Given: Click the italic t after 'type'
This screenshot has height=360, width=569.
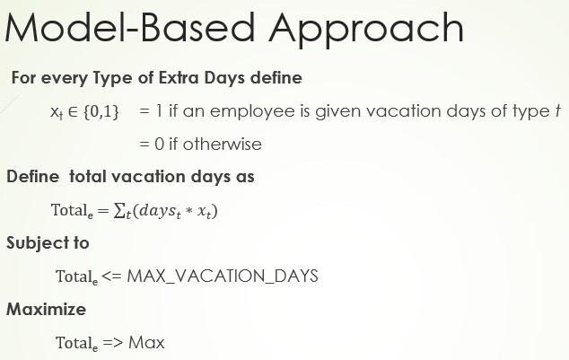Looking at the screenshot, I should [557, 111].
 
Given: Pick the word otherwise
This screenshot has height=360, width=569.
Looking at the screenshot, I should [224, 144].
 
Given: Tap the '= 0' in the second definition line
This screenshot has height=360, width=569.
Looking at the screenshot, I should [151, 144].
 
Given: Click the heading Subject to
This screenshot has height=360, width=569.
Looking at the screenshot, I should [48, 243].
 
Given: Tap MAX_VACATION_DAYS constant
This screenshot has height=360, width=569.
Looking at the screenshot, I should [223, 276].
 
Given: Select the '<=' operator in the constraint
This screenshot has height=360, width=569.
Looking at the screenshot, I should [111, 276].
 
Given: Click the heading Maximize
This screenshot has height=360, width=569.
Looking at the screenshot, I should [46, 309].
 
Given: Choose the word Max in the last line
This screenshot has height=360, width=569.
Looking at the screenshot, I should [147, 342].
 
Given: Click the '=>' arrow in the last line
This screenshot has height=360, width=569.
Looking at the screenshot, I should [111, 342].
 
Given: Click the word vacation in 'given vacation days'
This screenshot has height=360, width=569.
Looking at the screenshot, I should [422, 111].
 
